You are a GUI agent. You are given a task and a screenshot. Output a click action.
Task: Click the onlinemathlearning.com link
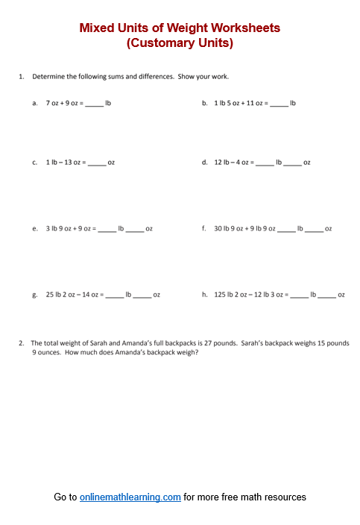(x=130, y=497)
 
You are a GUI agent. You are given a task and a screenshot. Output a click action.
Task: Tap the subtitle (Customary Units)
(x=180, y=43)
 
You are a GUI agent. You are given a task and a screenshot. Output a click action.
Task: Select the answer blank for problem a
(x=94, y=104)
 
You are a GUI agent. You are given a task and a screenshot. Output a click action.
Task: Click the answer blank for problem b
(x=279, y=104)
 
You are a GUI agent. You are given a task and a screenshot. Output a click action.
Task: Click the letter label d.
(x=204, y=162)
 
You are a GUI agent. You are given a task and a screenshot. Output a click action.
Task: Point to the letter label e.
(x=35, y=228)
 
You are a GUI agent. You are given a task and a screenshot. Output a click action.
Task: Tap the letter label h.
(x=204, y=295)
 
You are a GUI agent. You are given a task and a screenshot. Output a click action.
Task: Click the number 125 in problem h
(x=220, y=295)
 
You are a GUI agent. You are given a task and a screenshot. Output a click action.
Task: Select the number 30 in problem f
(x=218, y=228)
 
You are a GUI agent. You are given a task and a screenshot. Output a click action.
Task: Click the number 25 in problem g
(x=50, y=295)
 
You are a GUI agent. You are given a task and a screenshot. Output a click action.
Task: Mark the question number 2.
(x=22, y=343)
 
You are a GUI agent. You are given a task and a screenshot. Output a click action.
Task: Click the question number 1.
(x=22, y=76)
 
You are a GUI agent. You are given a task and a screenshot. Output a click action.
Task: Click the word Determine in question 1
(x=48, y=76)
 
